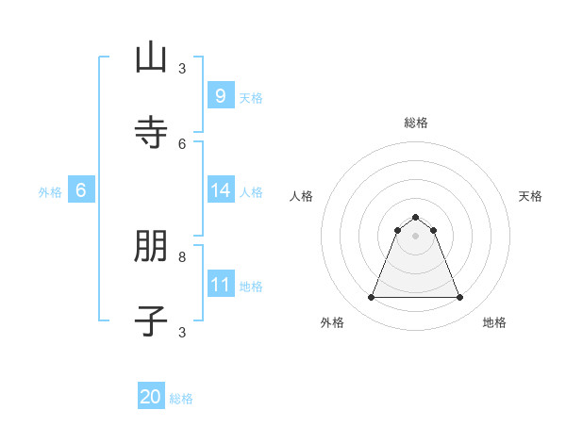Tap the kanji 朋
click(151, 248)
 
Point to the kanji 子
click(151, 320)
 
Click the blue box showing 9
click(220, 95)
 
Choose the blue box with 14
click(220, 190)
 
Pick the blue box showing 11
click(220, 284)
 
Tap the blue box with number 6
click(81, 190)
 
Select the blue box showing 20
click(151, 397)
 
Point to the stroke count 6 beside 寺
click(182, 143)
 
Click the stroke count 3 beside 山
click(182, 68)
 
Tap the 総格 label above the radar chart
click(416, 123)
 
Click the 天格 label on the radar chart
click(530, 196)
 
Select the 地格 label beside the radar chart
click(494, 322)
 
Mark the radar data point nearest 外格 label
click(371, 298)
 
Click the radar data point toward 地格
click(460, 298)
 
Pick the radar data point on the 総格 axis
click(416, 217)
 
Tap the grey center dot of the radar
click(416, 236)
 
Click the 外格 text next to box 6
click(50, 191)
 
